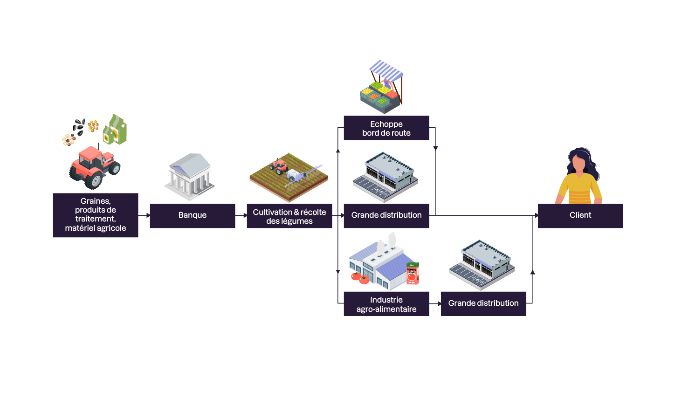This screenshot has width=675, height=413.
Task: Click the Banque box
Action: [192, 215]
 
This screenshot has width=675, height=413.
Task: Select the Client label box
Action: [580, 215]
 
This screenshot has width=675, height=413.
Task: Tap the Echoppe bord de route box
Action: [386, 128]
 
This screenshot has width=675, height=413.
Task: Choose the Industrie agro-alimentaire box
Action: [386, 304]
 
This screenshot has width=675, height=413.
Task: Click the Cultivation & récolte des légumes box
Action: [289, 216]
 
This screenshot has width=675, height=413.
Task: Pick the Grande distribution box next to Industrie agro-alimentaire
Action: [483, 303]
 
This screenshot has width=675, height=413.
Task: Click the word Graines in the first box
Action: [96, 201]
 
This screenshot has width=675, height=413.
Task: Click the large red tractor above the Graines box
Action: [95, 166]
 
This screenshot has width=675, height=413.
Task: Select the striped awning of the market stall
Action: [386, 70]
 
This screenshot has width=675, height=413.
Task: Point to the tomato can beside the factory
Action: [412, 273]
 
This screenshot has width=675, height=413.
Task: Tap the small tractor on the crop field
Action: [279, 166]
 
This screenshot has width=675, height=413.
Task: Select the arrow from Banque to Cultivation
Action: [241, 215]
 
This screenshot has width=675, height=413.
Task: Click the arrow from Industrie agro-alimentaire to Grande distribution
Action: [435, 303]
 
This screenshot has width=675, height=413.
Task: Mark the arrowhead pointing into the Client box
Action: [536, 215]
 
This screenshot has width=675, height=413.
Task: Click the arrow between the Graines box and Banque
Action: [145, 215]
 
